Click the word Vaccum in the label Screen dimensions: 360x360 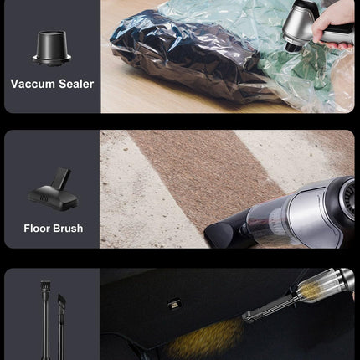[33, 84]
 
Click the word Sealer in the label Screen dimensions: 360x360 [76, 84]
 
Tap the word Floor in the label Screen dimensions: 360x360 [37, 229]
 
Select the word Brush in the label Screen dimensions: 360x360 [69, 229]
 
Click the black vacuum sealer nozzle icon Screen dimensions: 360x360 [52, 49]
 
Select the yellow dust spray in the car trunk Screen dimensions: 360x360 [207, 337]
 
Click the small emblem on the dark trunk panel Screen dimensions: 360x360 [173, 304]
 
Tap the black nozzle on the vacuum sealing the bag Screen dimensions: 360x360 [293, 46]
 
